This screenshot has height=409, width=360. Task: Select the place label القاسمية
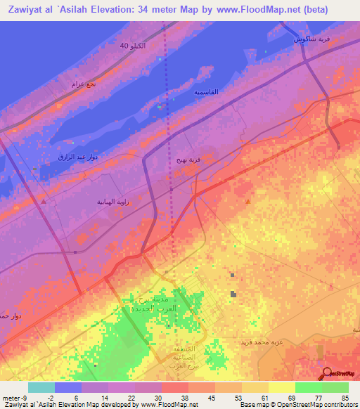[x=206, y=92]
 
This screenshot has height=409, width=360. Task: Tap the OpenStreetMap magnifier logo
[x=327, y=374]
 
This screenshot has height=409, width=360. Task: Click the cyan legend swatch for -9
[x=41, y=387]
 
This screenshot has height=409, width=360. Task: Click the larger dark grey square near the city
[x=233, y=294]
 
